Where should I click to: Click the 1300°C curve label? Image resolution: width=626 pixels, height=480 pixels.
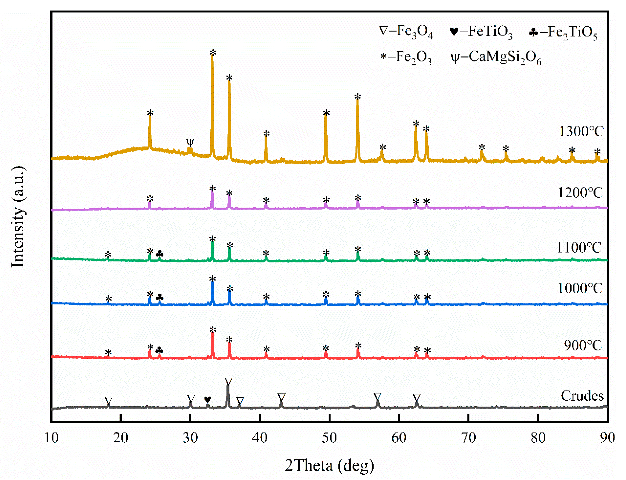click(581, 131)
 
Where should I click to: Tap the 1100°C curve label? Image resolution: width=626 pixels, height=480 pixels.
click(579, 247)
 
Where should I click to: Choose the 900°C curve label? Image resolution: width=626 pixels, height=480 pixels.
click(583, 345)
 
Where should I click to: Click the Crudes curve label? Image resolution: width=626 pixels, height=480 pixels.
click(582, 396)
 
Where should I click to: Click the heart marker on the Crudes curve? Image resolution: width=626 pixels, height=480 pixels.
click(208, 399)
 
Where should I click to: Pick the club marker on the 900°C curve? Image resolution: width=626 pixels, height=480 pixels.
click(159, 350)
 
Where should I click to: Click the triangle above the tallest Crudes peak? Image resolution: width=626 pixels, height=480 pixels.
click(228, 381)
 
